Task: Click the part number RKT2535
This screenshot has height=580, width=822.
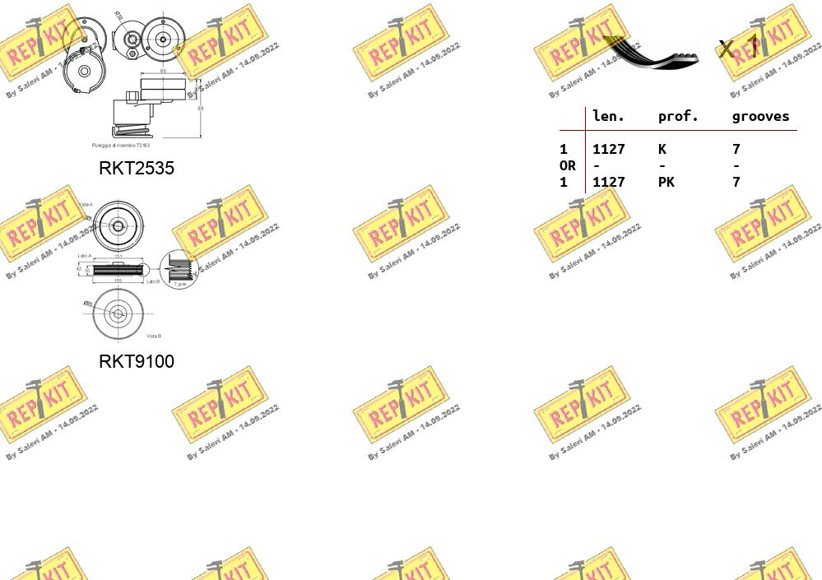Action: point(137,169)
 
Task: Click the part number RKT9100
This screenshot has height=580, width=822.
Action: point(137,361)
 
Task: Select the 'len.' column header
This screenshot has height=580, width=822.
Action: point(609,117)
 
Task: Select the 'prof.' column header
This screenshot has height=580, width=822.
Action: point(678,117)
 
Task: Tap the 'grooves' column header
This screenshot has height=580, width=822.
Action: point(760,117)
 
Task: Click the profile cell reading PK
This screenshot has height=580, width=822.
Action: point(666,183)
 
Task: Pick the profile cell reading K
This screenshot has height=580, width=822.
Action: point(662,150)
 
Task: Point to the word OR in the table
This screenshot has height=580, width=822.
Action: point(567,166)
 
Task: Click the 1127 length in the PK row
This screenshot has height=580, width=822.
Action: point(609,183)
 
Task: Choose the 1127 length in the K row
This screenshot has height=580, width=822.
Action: point(609,150)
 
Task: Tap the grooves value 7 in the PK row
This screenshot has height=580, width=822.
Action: point(736,183)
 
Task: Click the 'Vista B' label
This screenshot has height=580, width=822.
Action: point(154,336)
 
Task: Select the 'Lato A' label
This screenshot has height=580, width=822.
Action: point(84,256)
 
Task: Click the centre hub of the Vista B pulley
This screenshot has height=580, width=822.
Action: point(117,313)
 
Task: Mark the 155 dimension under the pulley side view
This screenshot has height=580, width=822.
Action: point(118,281)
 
